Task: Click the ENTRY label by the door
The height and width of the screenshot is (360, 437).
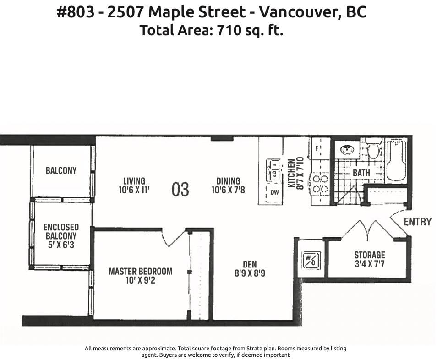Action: (417, 222)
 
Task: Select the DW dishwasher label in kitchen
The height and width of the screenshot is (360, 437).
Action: (274, 192)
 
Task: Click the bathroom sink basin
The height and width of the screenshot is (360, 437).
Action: (347, 150)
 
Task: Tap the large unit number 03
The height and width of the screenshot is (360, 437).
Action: (180, 189)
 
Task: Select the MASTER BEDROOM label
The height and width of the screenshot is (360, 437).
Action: (141, 271)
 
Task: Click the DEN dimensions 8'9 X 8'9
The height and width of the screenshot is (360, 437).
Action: (250, 273)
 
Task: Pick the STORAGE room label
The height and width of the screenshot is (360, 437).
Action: (370, 255)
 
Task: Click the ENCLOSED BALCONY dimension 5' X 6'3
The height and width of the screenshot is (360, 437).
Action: (61, 245)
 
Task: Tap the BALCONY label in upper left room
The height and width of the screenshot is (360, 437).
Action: (61, 170)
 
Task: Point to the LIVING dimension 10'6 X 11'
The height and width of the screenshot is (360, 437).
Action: (134, 190)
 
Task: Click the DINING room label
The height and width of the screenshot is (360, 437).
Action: (228, 181)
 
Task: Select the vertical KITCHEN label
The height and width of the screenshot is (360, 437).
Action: (291, 173)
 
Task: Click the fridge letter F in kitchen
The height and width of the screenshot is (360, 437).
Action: (317, 148)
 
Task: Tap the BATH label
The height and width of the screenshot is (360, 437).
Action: (361, 173)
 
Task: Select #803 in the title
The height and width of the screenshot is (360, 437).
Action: (76, 12)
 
